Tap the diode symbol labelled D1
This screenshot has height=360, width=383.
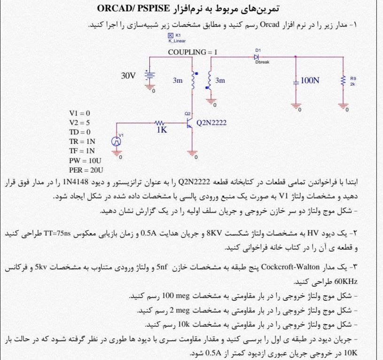coord(257,56)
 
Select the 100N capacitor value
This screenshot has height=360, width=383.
coord(310,80)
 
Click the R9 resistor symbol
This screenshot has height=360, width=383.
coord(344,80)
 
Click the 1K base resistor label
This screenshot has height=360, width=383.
coord(162,130)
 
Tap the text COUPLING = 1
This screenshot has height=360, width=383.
coord(193,52)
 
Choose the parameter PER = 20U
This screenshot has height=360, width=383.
coord(86,170)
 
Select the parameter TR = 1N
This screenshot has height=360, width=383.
coord(82,141)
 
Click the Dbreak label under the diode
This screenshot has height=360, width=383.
coord(262,62)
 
